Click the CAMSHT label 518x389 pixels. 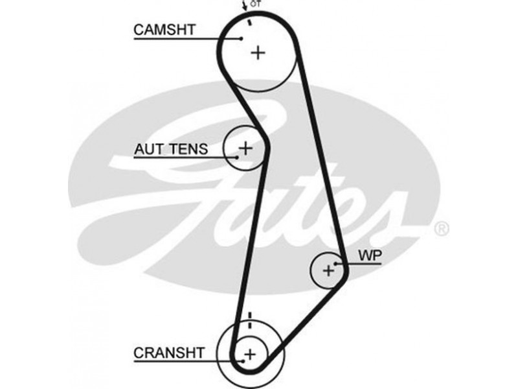[x=164, y=29]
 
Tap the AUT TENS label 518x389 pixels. [x=171, y=149]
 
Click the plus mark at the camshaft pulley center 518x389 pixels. [x=258, y=53]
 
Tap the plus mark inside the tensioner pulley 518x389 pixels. [x=245, y=148]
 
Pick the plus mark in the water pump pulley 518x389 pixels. [x=328, y=270]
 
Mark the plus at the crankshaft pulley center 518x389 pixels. [x=250, y=354]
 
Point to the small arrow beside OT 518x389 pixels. [x=245, y=6]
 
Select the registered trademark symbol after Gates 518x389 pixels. [x=440, y=228]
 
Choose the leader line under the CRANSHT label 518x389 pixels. [x=188, y=362]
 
